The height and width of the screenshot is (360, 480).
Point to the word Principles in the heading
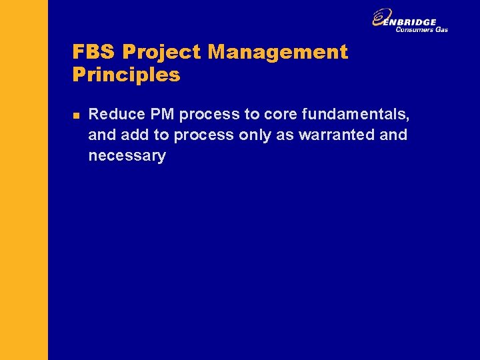pos(126,75)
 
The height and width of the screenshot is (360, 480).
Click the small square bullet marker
pos(75,115)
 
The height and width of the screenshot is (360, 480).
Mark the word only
pos(254,135)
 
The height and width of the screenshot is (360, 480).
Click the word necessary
pos(127,157)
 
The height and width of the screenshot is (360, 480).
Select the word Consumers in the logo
pos(415,29)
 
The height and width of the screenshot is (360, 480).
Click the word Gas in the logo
pos(442,29)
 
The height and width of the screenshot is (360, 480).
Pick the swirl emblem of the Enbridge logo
pos(382,18)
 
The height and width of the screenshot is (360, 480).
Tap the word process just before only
pos(203,135)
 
